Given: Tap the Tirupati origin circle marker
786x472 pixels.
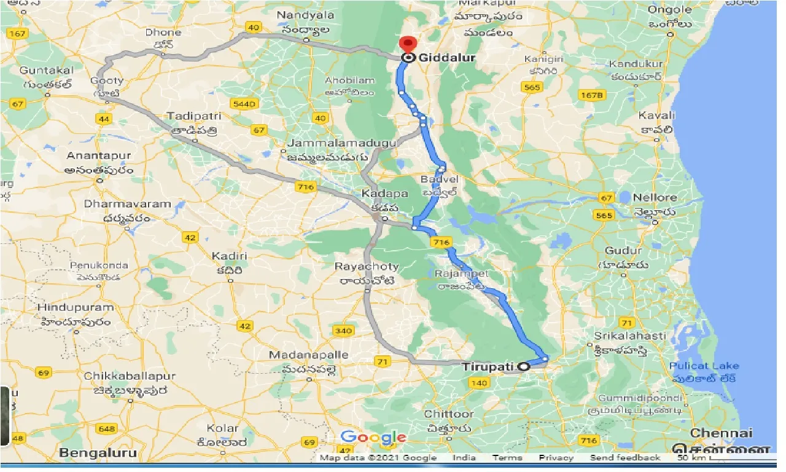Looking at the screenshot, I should coord(523,366).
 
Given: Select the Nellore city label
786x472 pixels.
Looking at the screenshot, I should coord(656,197).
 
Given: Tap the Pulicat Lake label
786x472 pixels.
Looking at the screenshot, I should coord(704,366).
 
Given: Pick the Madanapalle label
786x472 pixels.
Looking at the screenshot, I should coord(309,355).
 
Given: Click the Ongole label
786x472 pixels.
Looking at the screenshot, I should coord(670,10).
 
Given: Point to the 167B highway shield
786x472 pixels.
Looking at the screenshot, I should coord(591,95).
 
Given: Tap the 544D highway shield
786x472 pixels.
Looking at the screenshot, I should coord(243,105).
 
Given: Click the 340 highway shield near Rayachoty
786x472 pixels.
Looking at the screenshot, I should coord(343,331).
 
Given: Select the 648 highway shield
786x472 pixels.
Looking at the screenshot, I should coord(106,428).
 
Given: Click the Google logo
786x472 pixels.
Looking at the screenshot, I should coord(373,438).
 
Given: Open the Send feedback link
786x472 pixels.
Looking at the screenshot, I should coord(625,458).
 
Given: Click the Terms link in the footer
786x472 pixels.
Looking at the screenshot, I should coord(507,458).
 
